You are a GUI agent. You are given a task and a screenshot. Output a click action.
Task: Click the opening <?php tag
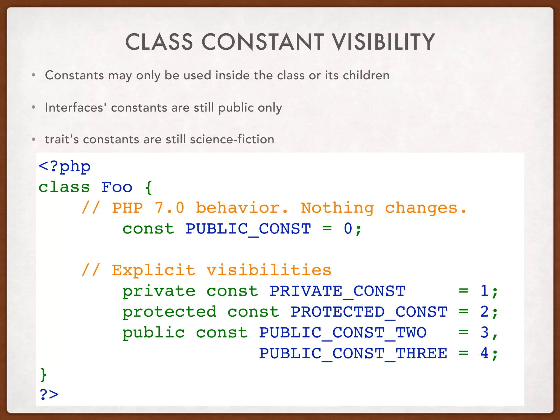coord(65,167)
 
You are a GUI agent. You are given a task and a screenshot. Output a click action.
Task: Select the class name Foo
coord(117,187)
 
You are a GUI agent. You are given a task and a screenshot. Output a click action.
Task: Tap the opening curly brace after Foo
coord(148,187)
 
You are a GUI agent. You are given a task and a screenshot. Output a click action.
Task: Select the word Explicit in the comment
coord(153,270)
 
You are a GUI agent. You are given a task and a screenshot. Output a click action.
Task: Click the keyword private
coord(159,291)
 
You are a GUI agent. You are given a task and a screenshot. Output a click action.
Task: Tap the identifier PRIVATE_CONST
coord(337,291)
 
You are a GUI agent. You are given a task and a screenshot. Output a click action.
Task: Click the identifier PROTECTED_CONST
coord(369,312)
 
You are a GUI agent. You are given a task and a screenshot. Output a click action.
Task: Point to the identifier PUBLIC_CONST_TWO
coord(343,332)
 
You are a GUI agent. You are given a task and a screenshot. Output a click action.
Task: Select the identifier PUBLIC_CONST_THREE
coord(353,353)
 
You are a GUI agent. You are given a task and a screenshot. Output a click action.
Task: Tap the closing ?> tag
coord(49,395)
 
